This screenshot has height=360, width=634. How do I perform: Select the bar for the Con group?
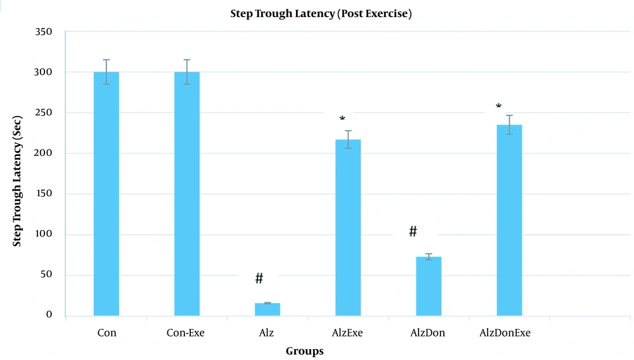107,193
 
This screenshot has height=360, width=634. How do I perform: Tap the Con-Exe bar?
187,193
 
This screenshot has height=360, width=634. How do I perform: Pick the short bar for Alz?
268,309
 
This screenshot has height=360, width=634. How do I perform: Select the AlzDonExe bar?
509,220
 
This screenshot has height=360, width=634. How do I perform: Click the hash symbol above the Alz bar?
259,278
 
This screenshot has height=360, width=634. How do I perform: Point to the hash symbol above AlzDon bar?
413,231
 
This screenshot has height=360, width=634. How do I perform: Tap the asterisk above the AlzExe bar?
342,120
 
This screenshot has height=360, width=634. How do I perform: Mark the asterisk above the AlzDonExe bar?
498,107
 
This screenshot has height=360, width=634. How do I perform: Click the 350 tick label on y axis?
53,32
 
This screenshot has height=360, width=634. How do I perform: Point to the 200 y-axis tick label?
53,153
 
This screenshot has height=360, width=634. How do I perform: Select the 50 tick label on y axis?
56,275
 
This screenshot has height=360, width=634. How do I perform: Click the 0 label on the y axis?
58,316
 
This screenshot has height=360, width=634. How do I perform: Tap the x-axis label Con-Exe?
186,333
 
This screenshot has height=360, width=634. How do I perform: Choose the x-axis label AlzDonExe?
505,333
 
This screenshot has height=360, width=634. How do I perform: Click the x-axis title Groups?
304,351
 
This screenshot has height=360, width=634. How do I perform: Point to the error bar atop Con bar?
107,72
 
